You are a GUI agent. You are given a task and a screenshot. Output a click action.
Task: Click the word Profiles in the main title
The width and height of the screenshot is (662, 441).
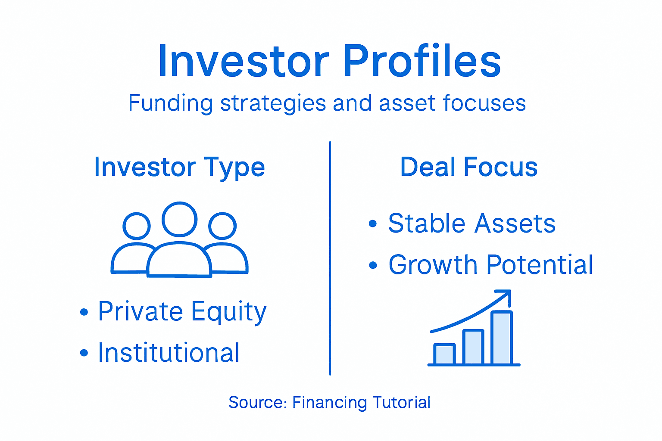[422, 61]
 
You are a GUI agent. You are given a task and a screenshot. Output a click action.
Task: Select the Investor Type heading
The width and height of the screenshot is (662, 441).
[179, 167]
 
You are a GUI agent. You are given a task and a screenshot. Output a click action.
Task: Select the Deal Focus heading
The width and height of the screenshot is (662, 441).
[468, 167]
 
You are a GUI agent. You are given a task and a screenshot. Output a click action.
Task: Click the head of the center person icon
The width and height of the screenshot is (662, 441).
[180, 219]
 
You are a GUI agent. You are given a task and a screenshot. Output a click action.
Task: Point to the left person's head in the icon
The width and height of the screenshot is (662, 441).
[137, 226]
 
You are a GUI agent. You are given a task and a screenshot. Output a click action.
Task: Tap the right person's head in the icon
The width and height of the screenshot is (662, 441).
[222, 226]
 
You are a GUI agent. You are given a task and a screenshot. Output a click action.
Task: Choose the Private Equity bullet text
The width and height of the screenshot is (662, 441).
[182, 311]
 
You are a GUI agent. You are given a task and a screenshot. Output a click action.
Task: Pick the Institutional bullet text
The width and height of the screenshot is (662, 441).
[169, 353]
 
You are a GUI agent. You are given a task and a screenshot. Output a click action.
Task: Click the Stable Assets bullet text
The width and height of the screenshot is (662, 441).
[472, 224]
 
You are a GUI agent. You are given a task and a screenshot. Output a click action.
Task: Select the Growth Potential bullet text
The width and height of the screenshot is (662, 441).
[490, 264]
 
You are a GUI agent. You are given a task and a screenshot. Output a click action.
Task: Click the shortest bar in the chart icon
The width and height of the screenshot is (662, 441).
[444, 354]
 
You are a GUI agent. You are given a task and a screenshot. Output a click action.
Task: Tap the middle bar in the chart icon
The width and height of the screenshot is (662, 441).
[473, 347]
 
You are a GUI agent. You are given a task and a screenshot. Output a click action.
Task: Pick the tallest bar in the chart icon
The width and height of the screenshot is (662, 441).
[502, 338]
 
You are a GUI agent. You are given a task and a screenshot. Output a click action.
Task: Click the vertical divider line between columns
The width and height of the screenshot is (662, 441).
[330, 258]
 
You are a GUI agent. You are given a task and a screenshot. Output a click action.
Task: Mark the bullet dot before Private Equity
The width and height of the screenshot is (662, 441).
[84, 312]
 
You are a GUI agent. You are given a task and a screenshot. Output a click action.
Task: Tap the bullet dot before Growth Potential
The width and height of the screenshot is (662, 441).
[373, 265]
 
